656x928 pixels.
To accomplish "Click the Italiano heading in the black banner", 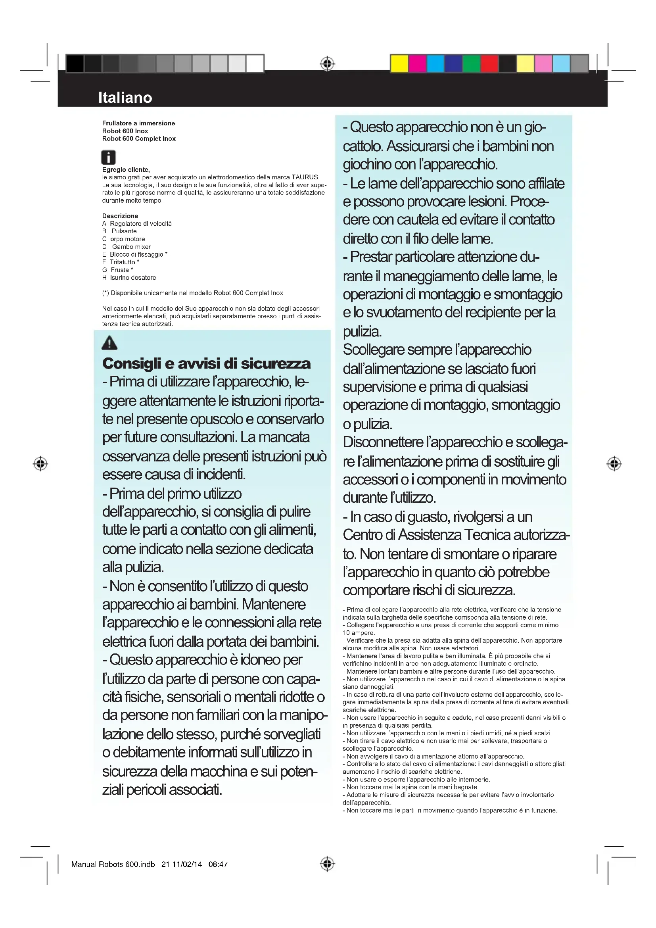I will pos(125,98).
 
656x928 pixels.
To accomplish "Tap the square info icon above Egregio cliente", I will pos(108,157).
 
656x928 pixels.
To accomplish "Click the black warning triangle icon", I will pos(109,343).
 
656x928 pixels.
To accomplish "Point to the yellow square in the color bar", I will pos(399,63).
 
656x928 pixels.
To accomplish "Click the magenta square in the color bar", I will pos(417,63).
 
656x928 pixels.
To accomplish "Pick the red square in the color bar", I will pos(489,63).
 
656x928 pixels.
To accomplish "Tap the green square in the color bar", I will pos(471,63).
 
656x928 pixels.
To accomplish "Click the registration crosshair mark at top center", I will pos(328,63).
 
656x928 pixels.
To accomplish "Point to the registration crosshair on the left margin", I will pos(40,463).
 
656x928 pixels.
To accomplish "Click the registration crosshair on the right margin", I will pos(614,463).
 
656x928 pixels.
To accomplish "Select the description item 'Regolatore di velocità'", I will pos(140,223).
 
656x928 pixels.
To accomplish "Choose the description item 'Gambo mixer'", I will pos(131,246).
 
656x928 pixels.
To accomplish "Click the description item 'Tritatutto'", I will pos(123,262).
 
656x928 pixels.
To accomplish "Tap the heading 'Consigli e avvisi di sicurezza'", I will pos(206,363).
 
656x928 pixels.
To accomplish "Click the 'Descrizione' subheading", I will pos(120,216).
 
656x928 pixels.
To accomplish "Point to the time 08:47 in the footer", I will pos(218,864).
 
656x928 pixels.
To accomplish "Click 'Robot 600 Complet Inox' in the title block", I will pos(139,138).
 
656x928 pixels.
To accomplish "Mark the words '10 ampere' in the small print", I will pos(358,632).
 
